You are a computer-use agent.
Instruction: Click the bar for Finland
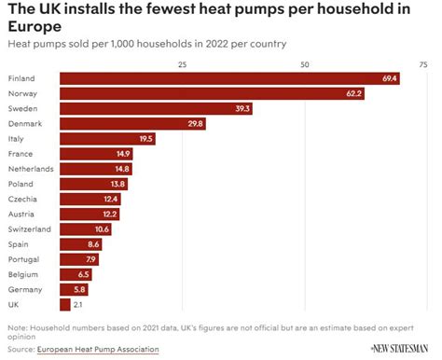230,78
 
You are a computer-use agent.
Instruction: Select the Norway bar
212,93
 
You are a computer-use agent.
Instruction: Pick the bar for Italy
107,139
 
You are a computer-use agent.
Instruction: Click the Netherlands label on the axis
30,169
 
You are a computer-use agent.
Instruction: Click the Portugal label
22,259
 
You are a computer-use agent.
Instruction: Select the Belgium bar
76,275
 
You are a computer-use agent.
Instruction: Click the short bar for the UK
64,305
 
